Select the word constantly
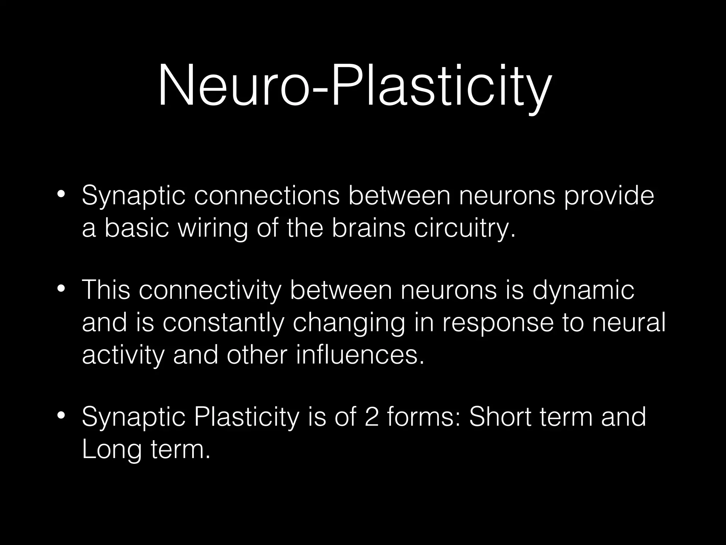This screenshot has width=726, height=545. click(224, 323)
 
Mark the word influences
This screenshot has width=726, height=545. click(360, 355)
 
